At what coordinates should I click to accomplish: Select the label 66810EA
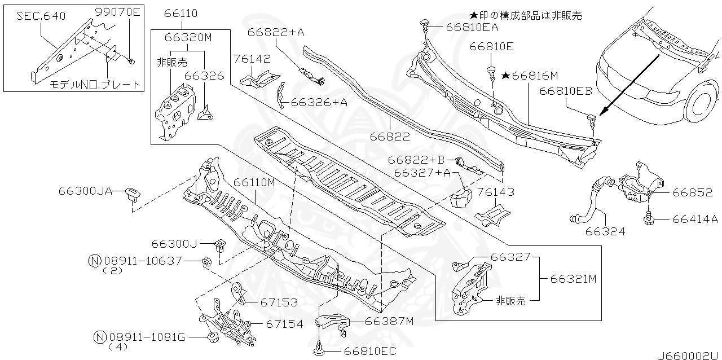[472, 27]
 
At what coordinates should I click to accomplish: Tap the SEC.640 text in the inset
[34, 16]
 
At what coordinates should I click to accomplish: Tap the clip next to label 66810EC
[318, 349]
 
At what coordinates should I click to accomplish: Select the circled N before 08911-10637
[95, 261]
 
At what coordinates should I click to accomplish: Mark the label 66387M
[389, 321]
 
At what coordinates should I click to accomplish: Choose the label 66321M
[574, 279]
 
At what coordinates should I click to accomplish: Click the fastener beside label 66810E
[491, 72]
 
